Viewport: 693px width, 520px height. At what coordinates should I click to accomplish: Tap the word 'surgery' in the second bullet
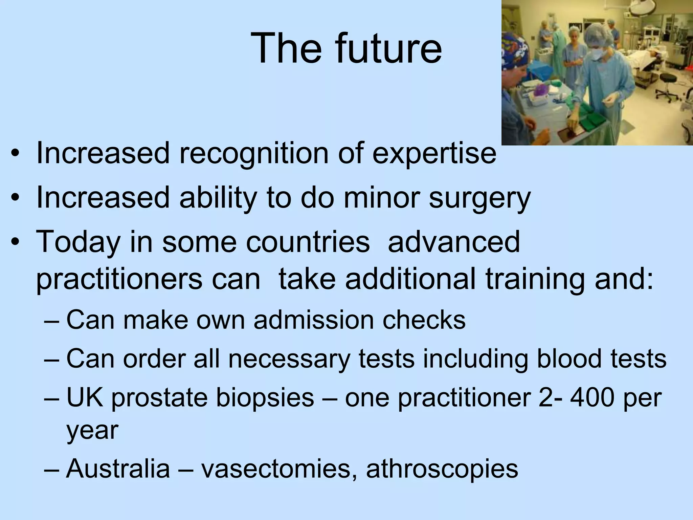pos(479,198)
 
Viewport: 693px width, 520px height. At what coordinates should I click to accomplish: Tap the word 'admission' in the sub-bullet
pos(313,320)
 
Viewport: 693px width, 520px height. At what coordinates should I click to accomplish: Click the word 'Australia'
pos(118,469)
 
